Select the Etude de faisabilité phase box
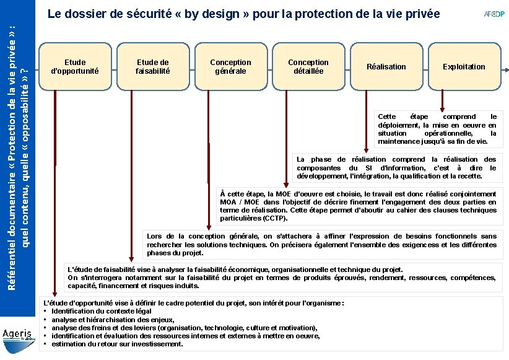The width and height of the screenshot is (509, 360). coord(152,66)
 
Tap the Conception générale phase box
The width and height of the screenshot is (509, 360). coord(230,66)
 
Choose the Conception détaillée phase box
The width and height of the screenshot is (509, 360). coord(308,66)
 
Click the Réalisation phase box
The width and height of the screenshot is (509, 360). coord(386,66)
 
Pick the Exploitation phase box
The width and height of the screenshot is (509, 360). coord(464,66)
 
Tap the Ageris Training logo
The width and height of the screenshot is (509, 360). coord(19,334)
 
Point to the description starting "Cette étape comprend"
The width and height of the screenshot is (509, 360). coord(437,129)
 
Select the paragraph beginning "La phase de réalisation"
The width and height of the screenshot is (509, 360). coord(396,168)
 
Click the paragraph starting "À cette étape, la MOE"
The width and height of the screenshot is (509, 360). coord(359,206)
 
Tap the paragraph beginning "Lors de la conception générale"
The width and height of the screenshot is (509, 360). coord(321,244)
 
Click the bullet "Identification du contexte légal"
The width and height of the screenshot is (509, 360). coord(102,311)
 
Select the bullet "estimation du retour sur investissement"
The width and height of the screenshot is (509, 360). coord(117,344)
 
